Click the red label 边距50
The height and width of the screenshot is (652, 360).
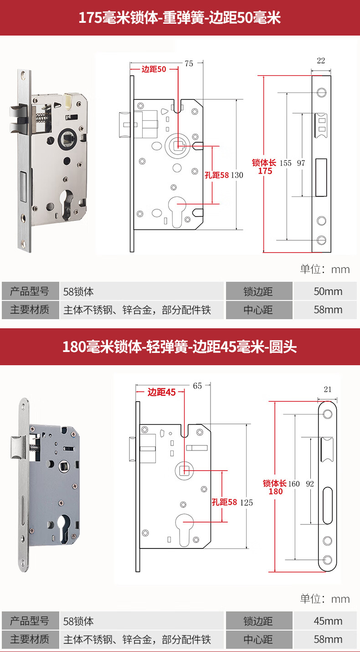pyautogui.click(x=154, y=69)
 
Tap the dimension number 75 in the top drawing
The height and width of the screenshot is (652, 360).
pyautogui.click(x=189, y=64)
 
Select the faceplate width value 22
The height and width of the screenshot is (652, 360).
pyautogui.click(x=321, y=61)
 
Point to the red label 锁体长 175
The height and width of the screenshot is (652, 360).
pyautogui.click(x=265, y=167)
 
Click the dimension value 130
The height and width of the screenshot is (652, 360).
pyautogui.click(x=237, y=175)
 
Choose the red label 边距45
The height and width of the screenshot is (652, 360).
pyautogui.click(x=161, y=392)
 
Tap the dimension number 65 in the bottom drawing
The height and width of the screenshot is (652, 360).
pyautogui.click(x=197, y=386)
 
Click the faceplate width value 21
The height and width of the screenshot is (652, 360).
pyautogui.click(x=327, y=389)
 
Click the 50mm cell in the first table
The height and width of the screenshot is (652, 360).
pyautogui.click(x=328, y=291)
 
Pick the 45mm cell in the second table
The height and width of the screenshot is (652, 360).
pyautogui.click(x=328, y=621)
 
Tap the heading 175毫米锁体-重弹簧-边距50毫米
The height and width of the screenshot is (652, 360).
pyautogui.click(x=180, y=18)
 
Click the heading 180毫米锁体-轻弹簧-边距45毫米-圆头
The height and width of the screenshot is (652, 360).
pyautogui.click(x=180, y=347)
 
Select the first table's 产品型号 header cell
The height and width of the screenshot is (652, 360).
pyautogui.click(x=30, y=291)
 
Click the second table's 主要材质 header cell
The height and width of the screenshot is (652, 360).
pyautogui.click(x=30, y=639)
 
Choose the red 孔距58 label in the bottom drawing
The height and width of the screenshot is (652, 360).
pyautogui.click(x=224, y=502)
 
